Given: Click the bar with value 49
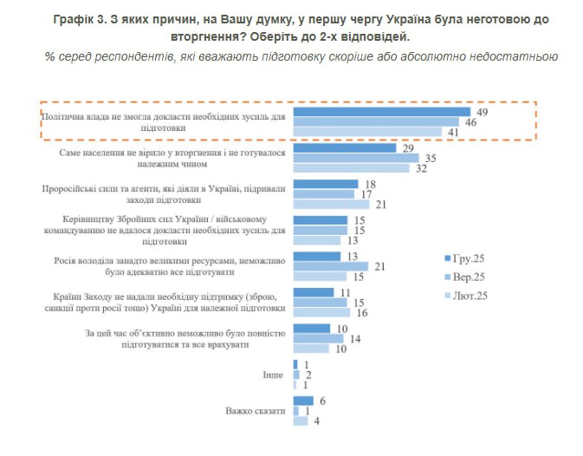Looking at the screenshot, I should point(381,112).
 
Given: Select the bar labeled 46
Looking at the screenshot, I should point(376,122).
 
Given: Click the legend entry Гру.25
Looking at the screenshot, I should point(467,259).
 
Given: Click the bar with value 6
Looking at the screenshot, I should point(303,400).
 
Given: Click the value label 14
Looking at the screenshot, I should point(353,338).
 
